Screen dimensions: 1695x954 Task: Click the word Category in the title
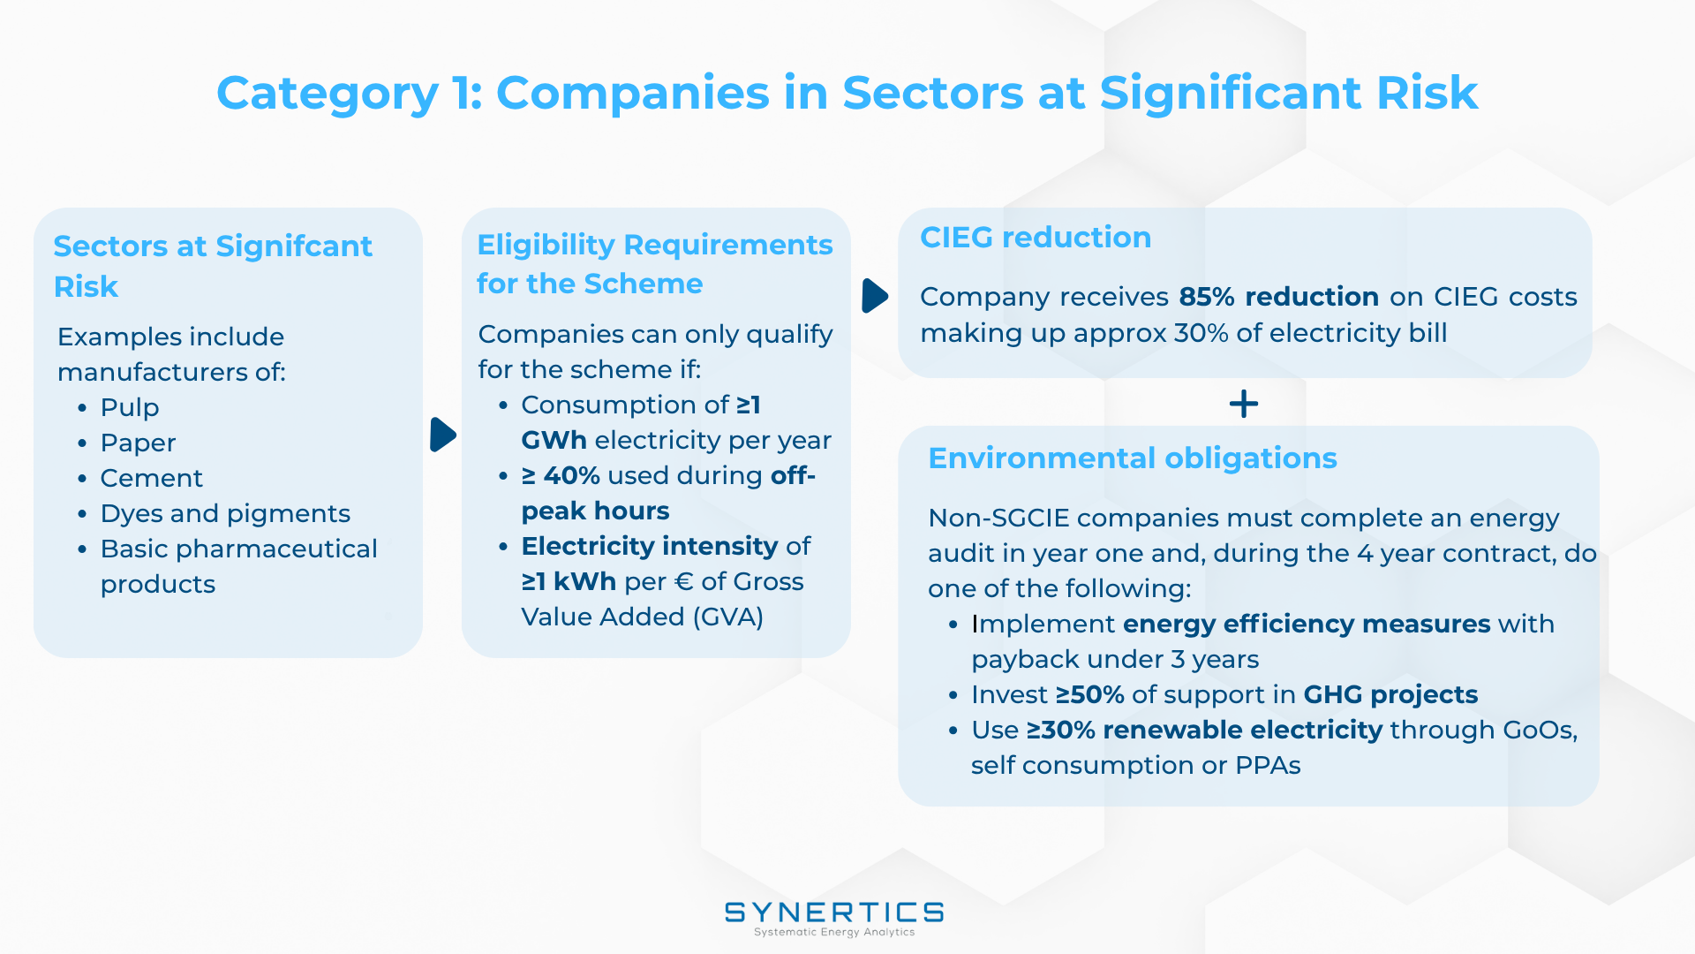[x=328, y=94]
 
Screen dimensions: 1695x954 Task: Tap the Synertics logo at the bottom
[x=834, y=919]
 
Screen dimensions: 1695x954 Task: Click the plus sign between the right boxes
[x=1244, y=405]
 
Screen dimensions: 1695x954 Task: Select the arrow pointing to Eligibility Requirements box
[x=442, y=435]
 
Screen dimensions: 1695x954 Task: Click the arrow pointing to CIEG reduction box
[x=875, y=296]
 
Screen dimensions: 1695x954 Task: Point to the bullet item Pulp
[x=130, y=407]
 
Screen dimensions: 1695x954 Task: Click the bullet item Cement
[x=151, y=478]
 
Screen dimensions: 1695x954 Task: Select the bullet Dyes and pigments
[x=225, y=513]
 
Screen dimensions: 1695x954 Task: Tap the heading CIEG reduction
[x=1036, y=237]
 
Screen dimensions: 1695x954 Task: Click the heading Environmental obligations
[x=1133, y=458]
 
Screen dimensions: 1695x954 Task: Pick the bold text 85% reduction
[x=1279, y=297]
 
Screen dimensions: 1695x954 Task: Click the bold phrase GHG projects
[x=1390, y=695]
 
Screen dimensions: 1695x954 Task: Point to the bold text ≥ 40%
[x=561, y=475]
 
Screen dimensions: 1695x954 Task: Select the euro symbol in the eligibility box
[x=683, y=581]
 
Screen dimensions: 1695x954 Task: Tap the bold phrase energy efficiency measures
[x=1307, y=625]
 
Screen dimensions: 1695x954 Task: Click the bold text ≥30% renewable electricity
[x=1204, y=731]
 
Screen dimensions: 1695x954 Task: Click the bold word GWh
[x=554, y=440]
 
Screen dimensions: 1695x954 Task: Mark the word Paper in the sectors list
[x=138, y=443]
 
